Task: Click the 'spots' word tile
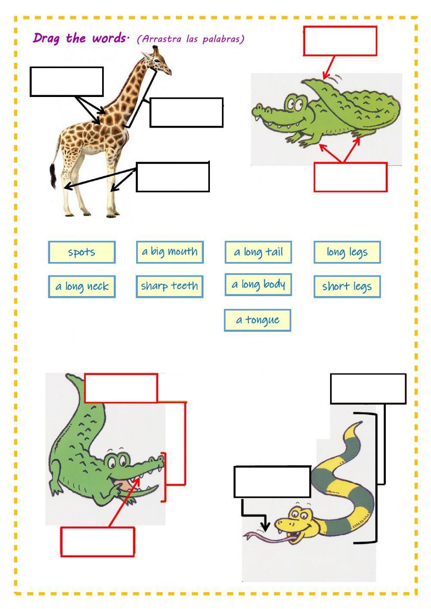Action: [81, 252]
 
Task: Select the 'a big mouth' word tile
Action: [169, 252]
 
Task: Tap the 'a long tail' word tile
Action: [258, 252]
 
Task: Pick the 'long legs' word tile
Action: [347, 252]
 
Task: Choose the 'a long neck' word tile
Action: [81, 287]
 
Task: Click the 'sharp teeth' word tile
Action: [169, 286]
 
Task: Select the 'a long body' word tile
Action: [258, 284]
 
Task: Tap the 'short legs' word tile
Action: [347, 287]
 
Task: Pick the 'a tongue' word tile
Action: [257, 320]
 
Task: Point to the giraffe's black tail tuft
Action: [53, 177]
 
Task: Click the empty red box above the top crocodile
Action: [340, 41]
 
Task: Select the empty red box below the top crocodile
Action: [350, 177]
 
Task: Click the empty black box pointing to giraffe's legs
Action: [173, 177]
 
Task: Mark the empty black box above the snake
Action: [368, 389]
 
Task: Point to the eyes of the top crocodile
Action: [296, 104]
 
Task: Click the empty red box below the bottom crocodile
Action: [97, 542]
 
